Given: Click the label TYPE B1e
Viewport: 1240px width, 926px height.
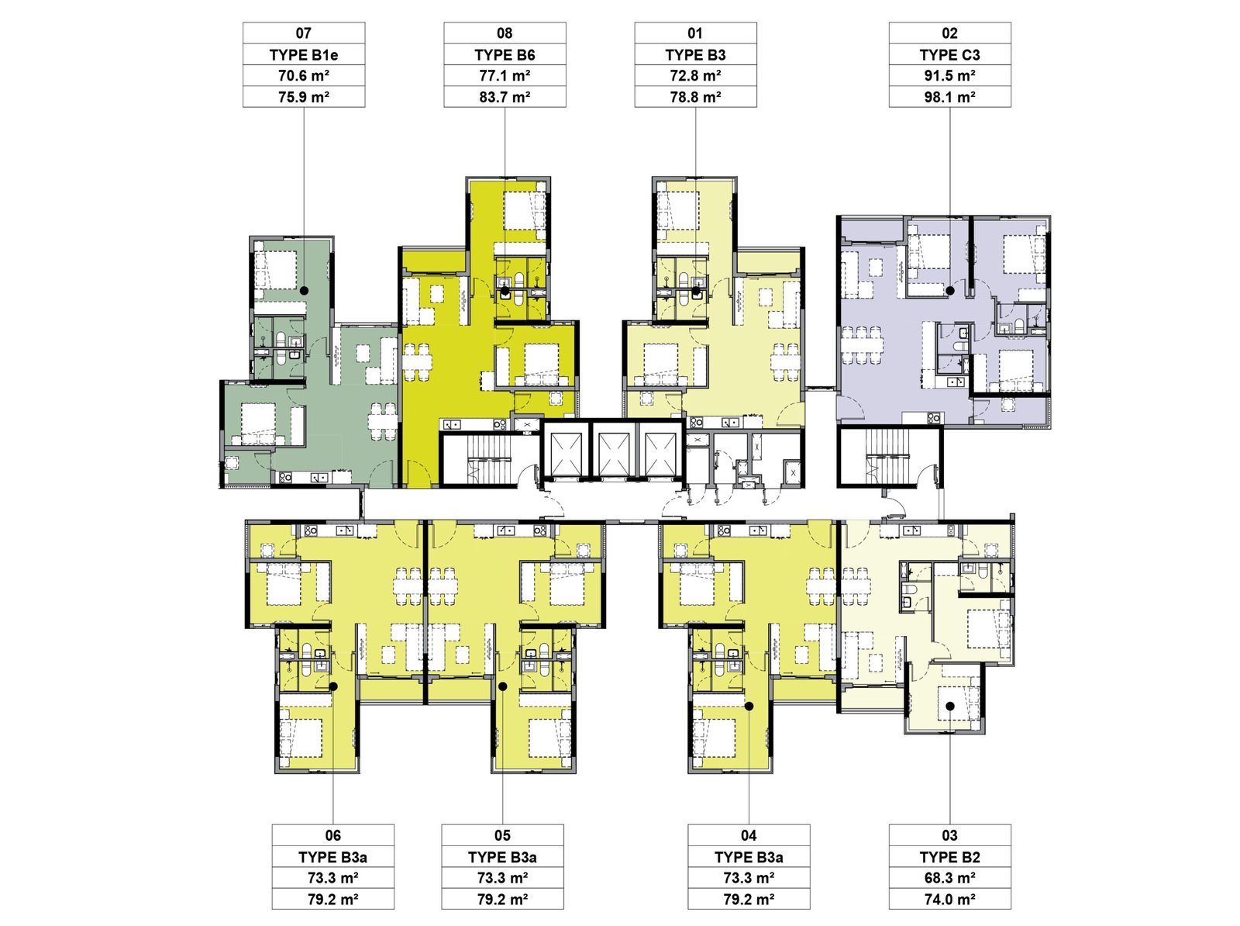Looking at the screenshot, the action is coord(303,55).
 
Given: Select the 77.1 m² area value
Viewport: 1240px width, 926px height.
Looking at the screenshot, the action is coord(505,76).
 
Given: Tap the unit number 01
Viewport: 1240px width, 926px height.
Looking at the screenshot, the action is coord(695,33).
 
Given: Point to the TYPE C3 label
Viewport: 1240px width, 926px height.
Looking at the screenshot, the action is coord(949,55).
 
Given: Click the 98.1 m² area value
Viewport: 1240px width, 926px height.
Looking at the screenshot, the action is coord(949,97).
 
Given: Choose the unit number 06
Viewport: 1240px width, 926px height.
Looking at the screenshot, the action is coord(332,835).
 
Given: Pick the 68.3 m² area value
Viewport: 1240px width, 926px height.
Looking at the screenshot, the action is coord(949,878).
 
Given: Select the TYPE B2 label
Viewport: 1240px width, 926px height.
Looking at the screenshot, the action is coord(949,857).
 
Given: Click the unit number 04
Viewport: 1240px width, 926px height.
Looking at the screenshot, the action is coord(749,835).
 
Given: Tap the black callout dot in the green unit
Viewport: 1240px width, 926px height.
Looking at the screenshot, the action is coord(304,291).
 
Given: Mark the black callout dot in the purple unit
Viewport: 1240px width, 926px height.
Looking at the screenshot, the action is coord(949,291).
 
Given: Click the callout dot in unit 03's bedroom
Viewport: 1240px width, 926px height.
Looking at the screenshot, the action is coord(949,706).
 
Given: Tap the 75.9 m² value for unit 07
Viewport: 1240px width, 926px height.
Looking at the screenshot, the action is coord(303,97).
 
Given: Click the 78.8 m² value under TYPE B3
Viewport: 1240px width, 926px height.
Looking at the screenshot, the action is coord(695,97).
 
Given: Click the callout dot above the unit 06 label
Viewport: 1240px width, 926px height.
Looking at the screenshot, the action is coord(333,687).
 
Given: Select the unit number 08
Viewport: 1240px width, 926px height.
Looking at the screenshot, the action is coord(505,33).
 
